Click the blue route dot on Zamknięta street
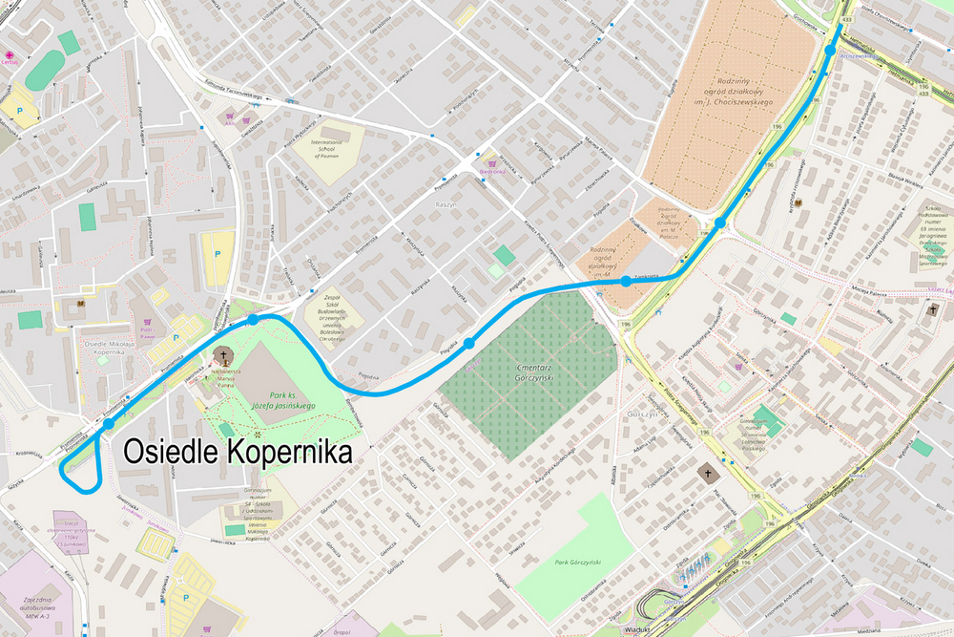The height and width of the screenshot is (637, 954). pos(625,281)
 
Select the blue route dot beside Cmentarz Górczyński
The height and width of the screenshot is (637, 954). pos(469,343)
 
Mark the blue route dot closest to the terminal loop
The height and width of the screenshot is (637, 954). pos(109,423)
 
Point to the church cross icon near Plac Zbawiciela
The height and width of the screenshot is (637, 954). pos(708,472)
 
